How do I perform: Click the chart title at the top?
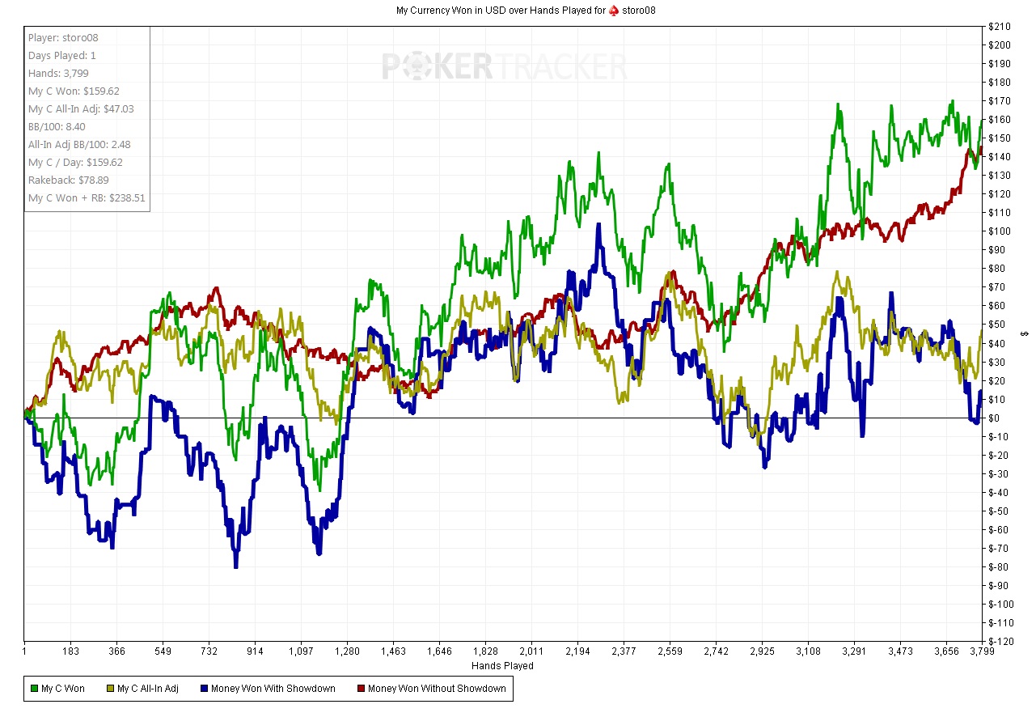(x=517, y=11)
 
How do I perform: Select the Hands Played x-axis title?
(x=502, y=666)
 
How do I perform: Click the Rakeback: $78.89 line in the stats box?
(x=69, y=180)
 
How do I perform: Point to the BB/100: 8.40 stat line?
(x=57, y=127)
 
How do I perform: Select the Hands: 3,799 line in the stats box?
(x=58, y=74)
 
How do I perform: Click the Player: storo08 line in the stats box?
(x=63, y=38)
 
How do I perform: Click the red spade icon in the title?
(x=615, y=11)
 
